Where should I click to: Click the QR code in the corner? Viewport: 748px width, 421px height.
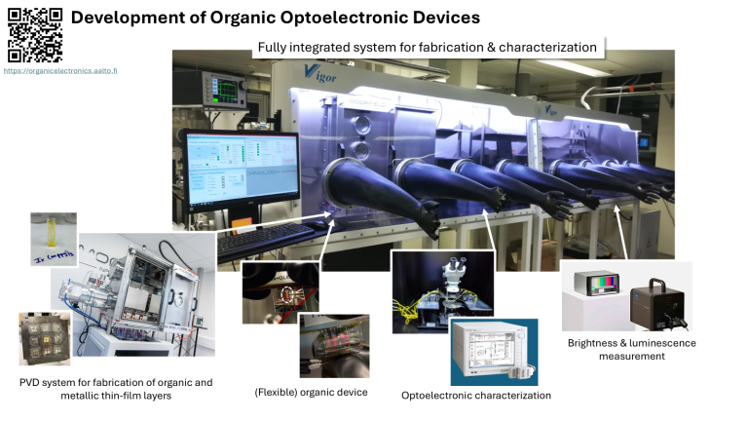(x=35, y=34)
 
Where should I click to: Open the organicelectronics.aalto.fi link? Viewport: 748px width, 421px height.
(x=60, y=71)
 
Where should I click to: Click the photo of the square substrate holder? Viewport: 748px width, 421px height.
(x=44, y=338)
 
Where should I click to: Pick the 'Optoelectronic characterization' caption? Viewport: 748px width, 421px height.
(x=476, y=395)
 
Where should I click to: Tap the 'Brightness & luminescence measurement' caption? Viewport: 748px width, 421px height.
(x=631, y=350)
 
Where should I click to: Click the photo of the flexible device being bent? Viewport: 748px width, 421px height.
(x=334, y=344)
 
